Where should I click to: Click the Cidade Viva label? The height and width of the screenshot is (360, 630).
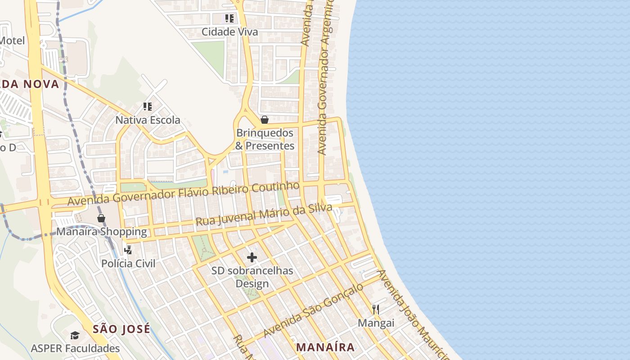click(x=229, y=32)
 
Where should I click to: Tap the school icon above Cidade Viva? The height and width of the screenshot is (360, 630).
click(x=229, y=18)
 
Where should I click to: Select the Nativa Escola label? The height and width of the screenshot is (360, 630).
click(x=148, y=120)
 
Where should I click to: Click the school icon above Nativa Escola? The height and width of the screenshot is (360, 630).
click(x=148, y=107)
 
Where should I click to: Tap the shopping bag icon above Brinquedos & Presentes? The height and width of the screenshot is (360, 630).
click(x=265, y=120)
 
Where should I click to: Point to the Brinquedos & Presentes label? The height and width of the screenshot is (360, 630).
click(x=265, y=139)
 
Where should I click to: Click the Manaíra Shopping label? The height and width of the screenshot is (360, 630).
click(x=102, y=232)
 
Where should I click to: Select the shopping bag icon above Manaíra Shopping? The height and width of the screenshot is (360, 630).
click(x=101, y=218)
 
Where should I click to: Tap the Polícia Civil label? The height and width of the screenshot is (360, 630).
click(x=128, y=263)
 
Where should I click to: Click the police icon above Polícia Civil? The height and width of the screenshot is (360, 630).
click(x=128, y=250)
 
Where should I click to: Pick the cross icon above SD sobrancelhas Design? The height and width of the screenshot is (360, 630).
click(x=252, y=257)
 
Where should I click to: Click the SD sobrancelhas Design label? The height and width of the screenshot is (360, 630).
click(x=252, y=277)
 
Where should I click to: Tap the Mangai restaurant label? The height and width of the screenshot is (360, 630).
click(x=376, y=323)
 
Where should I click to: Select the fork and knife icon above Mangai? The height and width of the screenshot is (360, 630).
click(x=376, y=310)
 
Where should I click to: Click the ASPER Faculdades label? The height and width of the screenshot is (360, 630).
click(x=75, y=348)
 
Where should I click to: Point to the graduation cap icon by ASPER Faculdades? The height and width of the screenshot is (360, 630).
click(x=75, y=336)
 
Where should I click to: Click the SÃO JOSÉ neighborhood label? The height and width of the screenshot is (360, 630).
click(x=121, y=329)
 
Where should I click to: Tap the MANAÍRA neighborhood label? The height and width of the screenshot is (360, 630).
click(x=325, y=347)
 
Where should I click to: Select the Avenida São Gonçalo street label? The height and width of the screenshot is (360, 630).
click(x=313, y=310)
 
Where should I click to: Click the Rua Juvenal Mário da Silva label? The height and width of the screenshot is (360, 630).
click(x=264, y=215)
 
